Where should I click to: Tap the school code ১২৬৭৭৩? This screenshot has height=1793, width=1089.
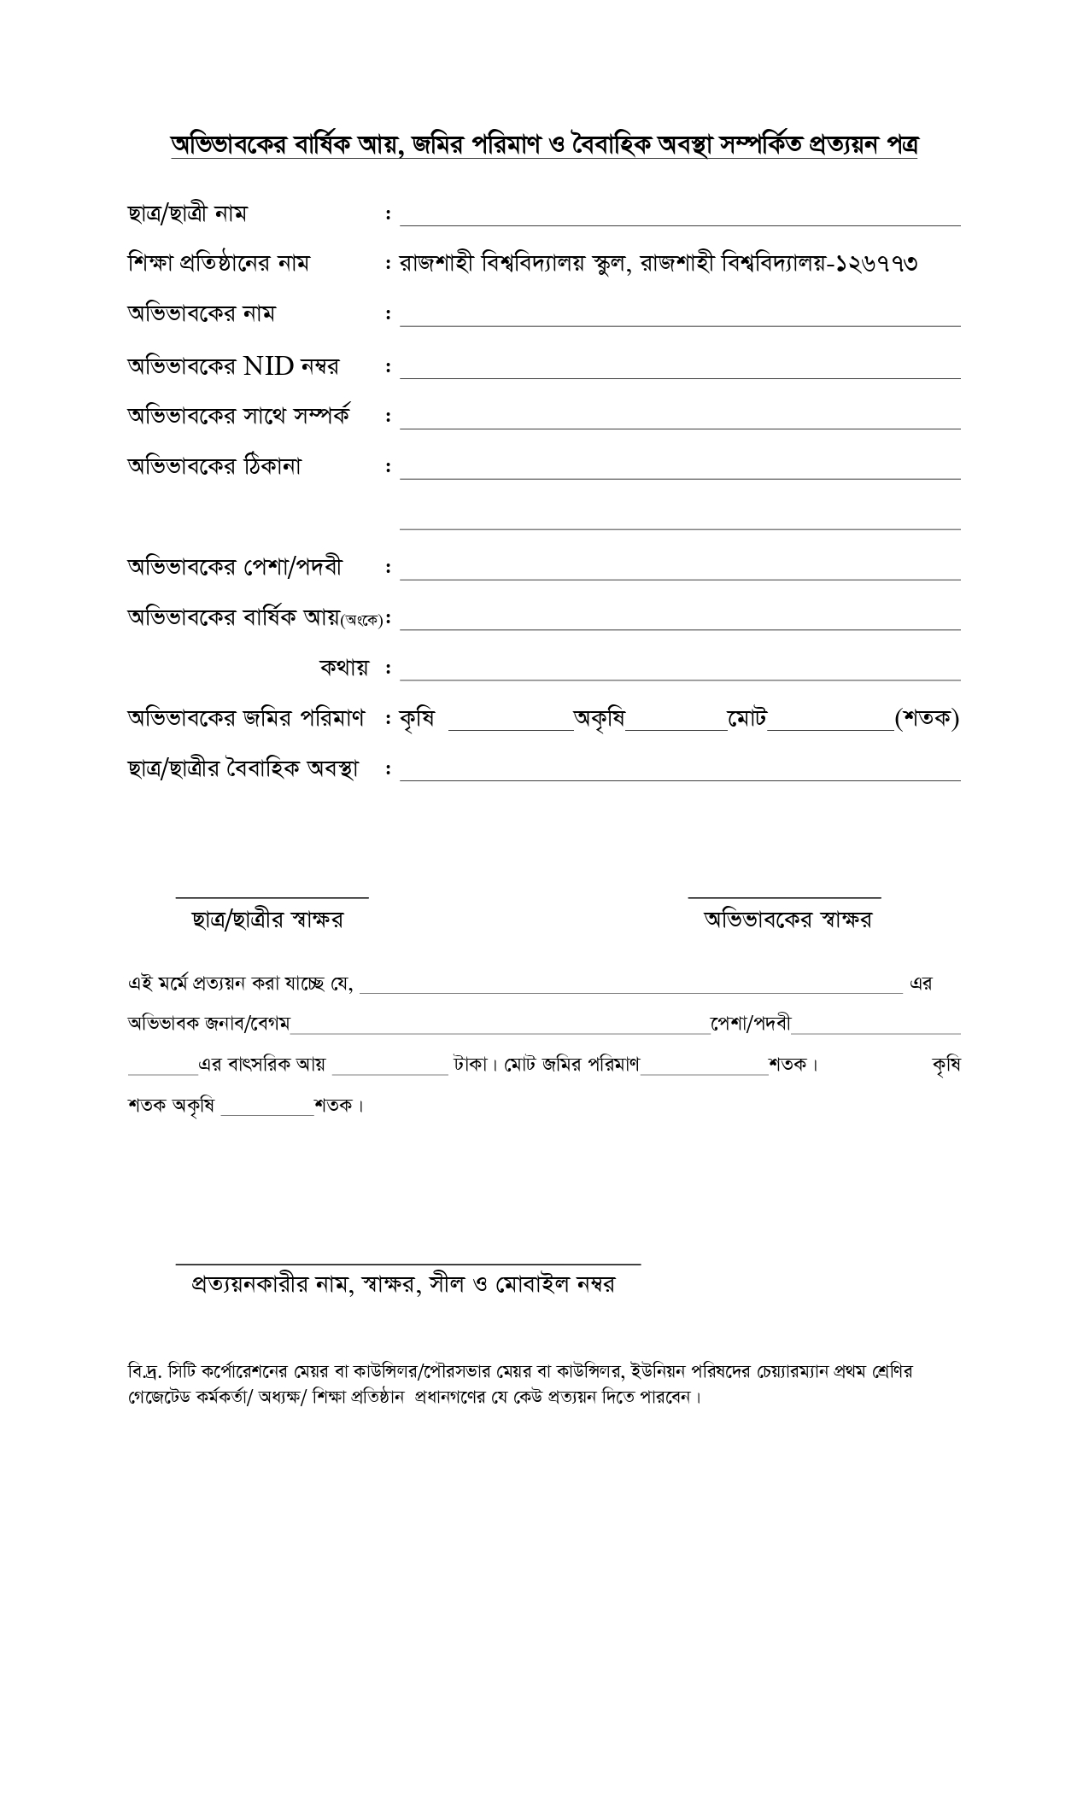(877, 263)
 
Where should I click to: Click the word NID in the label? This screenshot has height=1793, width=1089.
(268, 366)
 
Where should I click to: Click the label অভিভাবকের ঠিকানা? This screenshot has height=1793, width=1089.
(214, 467)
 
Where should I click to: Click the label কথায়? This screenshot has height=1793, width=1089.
(344, 668)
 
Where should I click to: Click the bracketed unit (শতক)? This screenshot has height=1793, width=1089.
(927, 719)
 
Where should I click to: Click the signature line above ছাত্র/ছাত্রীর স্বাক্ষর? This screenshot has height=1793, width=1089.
(272, 896)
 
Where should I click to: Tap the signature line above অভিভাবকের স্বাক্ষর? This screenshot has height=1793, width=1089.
(784, 896)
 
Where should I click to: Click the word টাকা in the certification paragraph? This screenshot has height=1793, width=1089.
(470, 1065)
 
